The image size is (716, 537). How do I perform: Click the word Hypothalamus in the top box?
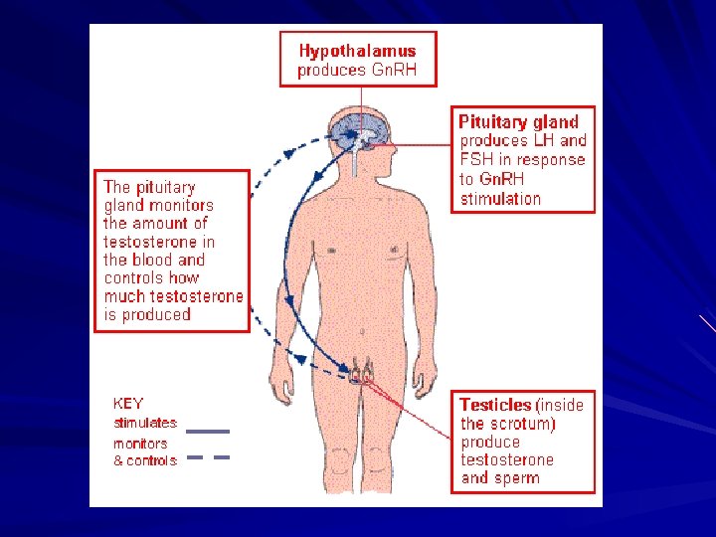pyautogui.click(x=357, y=50)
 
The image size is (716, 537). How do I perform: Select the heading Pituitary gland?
pyautogui.click(x=517, y=121)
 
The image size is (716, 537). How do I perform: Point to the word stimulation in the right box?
pyautogui.click(x=500, y=198)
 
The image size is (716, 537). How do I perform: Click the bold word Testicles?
pyautogui.click(x=495, y=405)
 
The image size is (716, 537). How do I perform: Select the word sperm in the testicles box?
pyautogui.click(x=516, y=477)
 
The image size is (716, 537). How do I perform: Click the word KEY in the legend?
pyautogui.click(x=128, y=404)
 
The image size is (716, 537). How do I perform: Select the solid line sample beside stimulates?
pyautogui.click(x=208, y=432)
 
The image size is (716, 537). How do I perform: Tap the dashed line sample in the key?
pyautogui.click(x=208, y=457)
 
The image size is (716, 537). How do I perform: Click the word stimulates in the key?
pyautogui.click(x=144, y=423)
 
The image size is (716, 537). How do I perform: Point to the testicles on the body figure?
pyautogui.click(x=361, y=375)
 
